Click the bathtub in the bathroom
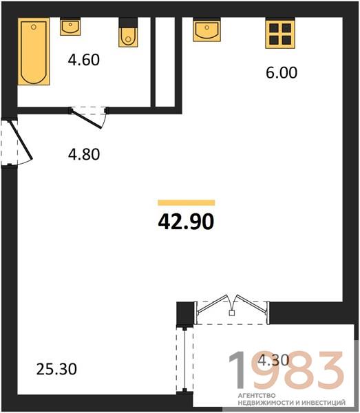(x=34, y=52)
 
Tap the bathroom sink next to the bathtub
(x=70, y=27)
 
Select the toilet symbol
(x=128, y=32)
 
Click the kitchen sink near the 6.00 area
(x=207, y=30)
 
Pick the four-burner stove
(x=280, y=33)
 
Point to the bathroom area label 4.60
(x=84, y=60)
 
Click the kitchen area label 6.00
(x=282, y=73)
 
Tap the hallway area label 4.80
(x=84, y=154)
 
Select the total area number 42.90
(x=186, y=222)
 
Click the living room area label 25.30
(x=56, y=369)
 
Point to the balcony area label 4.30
(x=273, y=360)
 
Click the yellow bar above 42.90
(x=187, y=202)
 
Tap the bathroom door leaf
(x=86, y=119)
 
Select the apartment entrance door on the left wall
(x=21, y=140)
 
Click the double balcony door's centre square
(x=232, y=313)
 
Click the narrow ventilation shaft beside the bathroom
(x=165, y=62)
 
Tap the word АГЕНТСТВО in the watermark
(x=257, y=396)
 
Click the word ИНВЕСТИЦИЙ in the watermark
(x=324, y=403)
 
